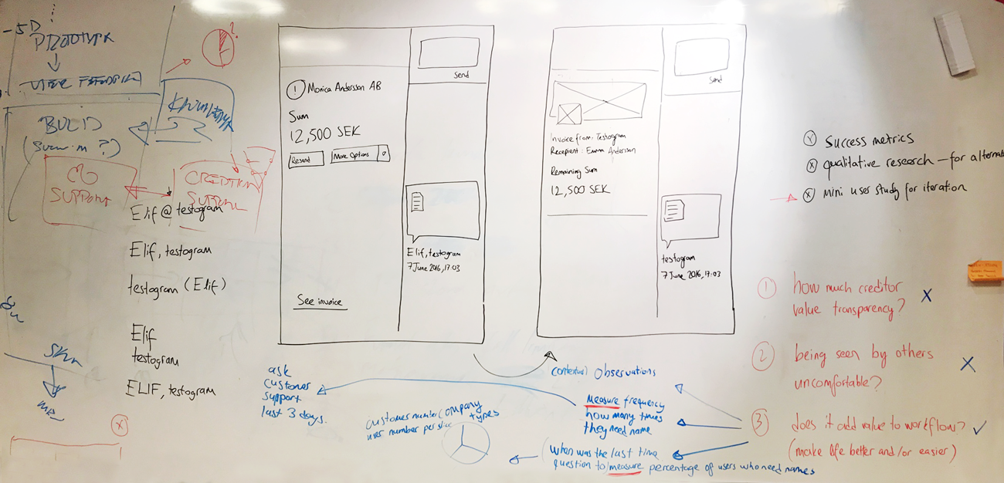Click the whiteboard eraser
pos(954,43)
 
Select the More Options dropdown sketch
pos(359,155)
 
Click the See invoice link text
pos(321,302)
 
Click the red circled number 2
pos(762,356)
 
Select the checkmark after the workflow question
pos(979,427)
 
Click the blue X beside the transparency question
pos(926,295)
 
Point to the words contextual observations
pos(602,372)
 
